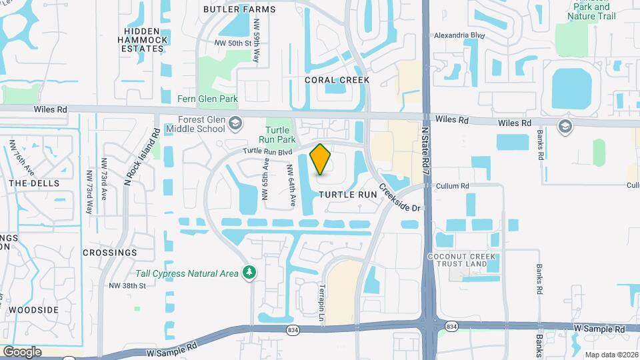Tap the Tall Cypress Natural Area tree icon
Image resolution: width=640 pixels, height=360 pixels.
(249, 272)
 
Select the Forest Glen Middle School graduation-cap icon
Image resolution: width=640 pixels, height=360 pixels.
(235, 123)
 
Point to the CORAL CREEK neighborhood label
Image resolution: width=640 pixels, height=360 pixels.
(337, 80)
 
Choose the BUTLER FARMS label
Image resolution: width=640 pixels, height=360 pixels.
(231, 9)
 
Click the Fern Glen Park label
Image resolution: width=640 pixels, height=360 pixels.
(207, 99)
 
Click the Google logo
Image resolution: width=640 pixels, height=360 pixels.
(22, 352)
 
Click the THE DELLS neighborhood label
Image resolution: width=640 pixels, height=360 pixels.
(34, 183)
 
